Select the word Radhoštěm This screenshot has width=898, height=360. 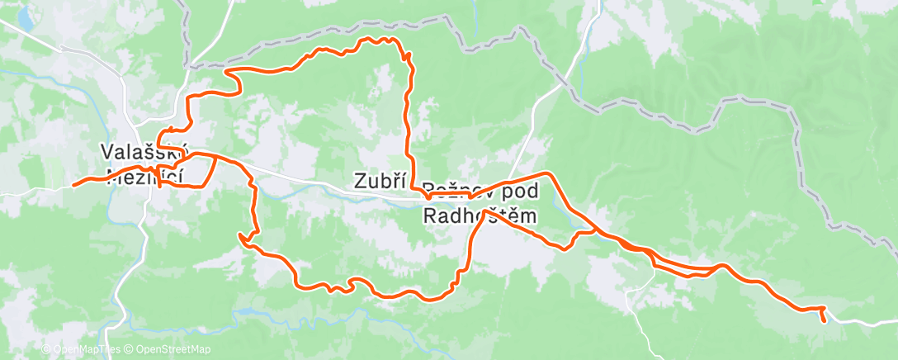point(480,216)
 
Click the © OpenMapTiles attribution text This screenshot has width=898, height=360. point(79,350)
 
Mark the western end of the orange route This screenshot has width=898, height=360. point(73,185)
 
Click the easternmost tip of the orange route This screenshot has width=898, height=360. point(824,319)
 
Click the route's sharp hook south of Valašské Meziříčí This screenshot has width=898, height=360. point(241,237)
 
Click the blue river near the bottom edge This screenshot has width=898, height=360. point(272,310)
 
